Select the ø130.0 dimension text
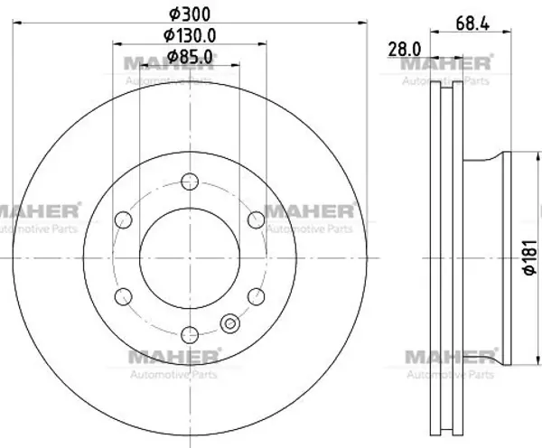[x=189, y=36]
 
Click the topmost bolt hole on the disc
[x=189, y=182]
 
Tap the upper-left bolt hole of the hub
[x=124, y=219]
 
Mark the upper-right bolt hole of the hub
[x=255, y=219]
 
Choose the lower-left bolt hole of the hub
[x=124, y=295]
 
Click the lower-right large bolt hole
[x=255, y=295]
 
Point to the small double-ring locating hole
[x=229, y=322]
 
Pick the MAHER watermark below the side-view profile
[x=449, y=358]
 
